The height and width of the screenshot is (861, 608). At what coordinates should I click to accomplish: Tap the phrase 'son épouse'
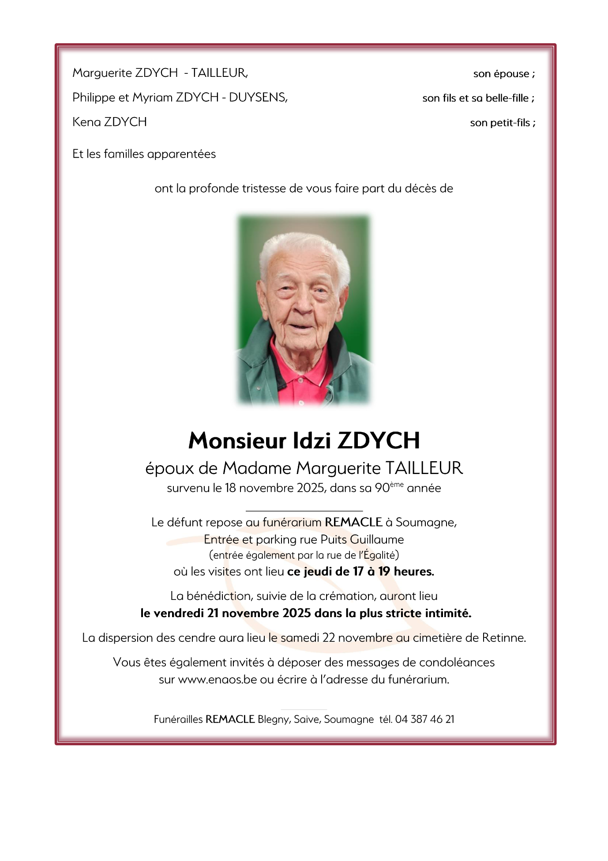coord(501,74)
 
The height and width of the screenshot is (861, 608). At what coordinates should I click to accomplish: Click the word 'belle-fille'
coord(507,98)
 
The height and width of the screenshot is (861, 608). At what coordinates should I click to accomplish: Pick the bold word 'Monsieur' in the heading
coord(237,440)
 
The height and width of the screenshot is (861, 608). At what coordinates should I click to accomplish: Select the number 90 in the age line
coord(382,489)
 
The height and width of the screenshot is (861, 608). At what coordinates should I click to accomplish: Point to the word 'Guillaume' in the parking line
coord(377,540)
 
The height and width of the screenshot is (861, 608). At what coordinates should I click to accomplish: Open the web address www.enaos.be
coord(218,680)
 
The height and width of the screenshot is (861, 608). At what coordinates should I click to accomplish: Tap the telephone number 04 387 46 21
coord(424,720)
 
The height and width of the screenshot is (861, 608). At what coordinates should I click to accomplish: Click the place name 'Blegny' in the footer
coord(273,720)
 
